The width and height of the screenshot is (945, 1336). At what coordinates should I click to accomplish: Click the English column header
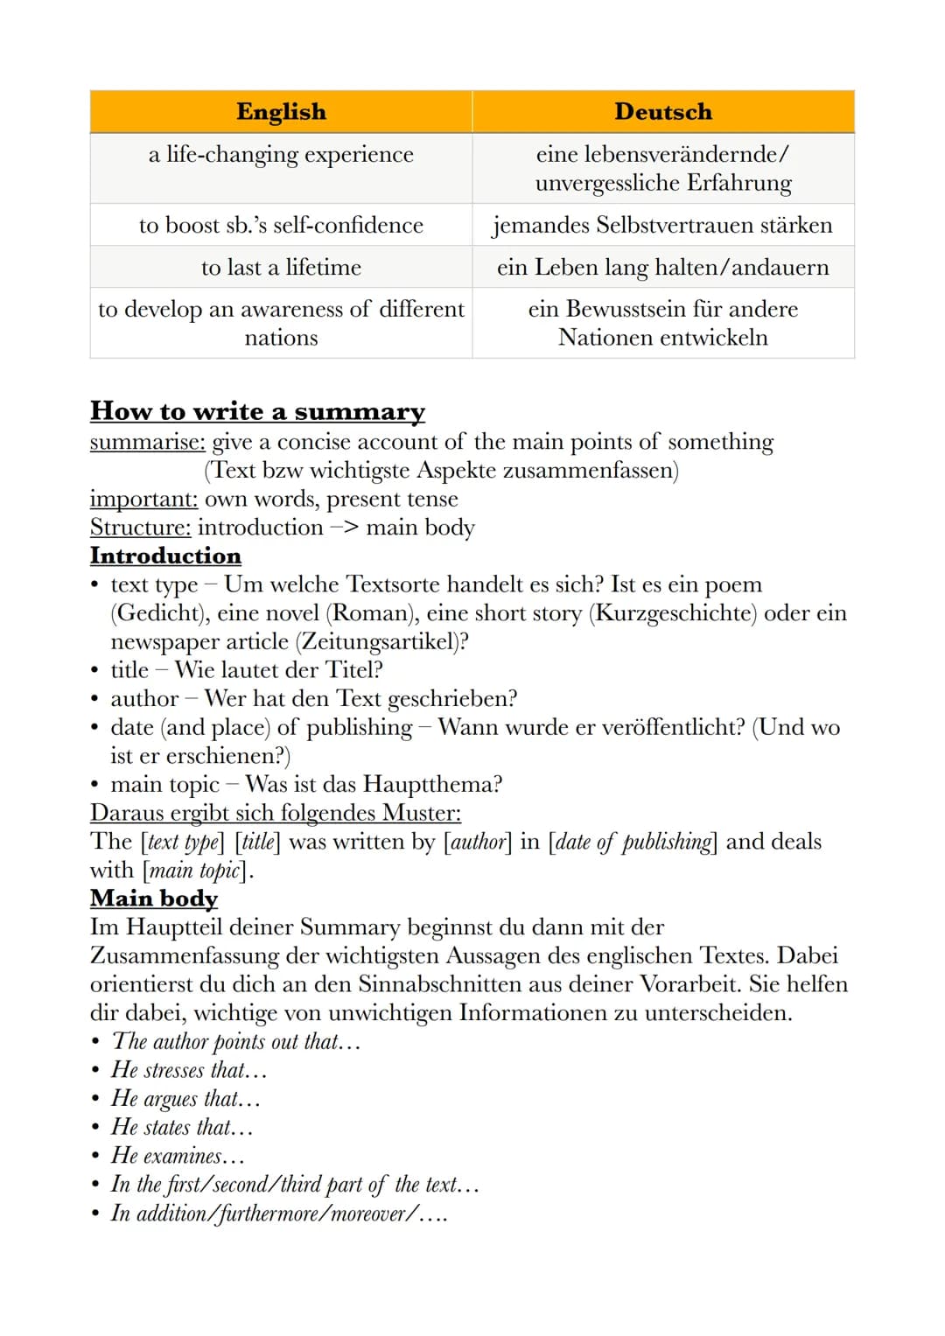[281, 112]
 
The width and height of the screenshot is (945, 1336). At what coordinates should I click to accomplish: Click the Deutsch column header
[663, 112]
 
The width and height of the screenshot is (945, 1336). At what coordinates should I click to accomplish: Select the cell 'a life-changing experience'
[281, 155]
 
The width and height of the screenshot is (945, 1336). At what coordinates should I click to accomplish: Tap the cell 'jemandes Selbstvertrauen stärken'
[663, 225]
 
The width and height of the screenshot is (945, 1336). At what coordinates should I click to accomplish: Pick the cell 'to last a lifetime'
[281, 267]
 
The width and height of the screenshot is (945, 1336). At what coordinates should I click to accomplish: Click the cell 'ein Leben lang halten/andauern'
[663, 267]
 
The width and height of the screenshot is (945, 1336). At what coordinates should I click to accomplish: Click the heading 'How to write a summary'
[257, 411]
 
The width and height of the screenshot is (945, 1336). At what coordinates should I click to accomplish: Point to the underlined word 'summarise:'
[147, 442]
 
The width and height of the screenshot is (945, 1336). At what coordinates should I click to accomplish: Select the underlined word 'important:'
[143, 499]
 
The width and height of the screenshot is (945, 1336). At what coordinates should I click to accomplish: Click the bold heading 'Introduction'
[165, 556]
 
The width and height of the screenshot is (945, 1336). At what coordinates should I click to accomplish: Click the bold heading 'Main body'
[154, 899]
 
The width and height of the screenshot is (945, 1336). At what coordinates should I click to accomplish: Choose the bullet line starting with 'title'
[247, 670]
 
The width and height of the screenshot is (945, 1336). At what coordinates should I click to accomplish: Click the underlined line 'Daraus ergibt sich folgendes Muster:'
[276, 813]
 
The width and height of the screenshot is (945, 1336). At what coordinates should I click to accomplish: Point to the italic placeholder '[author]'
[478, 842]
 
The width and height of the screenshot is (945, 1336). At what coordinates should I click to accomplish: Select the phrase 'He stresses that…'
[189, 1070]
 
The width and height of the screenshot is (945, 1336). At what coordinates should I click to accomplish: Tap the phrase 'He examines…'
[178, 1156]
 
